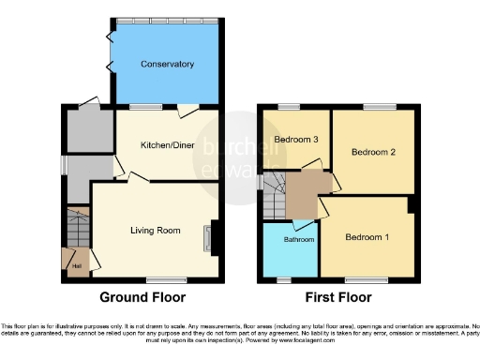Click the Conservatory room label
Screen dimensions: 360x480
(167, 65)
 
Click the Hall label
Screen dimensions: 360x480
(75, 265)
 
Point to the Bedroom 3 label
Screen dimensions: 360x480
(295, 140)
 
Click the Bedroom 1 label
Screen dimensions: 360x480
(367, 237)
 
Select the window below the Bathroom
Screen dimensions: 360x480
(285, 278)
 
